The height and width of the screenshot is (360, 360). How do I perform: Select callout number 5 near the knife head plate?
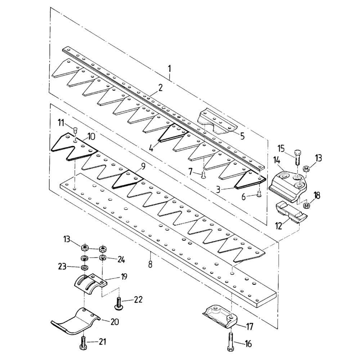(x=242, y=136)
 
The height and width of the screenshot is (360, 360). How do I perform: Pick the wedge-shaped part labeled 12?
(x=290, y=213)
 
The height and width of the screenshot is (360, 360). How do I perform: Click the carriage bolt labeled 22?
(x=119, y=303)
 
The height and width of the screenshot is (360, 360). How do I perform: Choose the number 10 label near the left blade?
(x=91, y=137)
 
